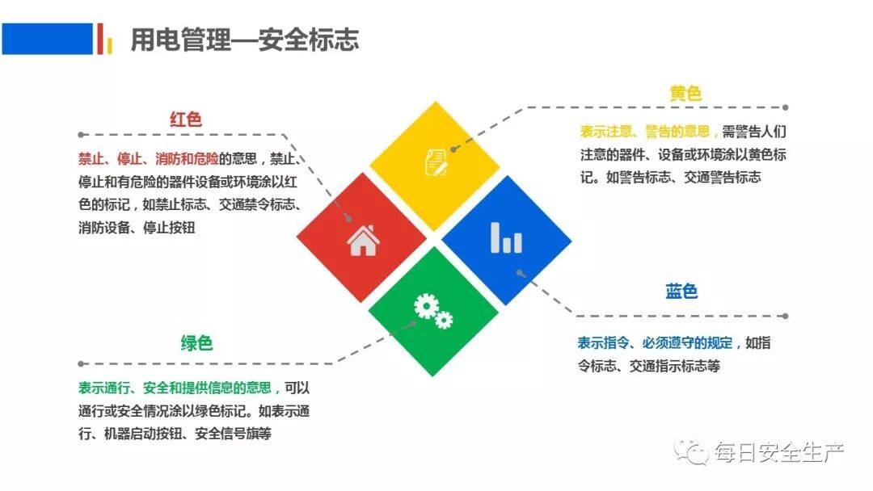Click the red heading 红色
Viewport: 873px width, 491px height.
(186, 120)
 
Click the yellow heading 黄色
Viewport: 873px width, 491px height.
(685, 94)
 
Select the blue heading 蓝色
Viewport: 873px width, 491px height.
(681, 292)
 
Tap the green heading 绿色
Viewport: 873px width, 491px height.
(196, 343)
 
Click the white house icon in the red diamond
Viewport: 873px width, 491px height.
(362, 240)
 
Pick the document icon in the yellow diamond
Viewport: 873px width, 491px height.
(436, 161)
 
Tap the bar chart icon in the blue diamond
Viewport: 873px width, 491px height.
(506, 237)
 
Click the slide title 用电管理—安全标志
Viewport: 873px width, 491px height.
(245, 40)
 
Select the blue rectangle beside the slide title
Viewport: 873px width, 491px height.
(47, 38)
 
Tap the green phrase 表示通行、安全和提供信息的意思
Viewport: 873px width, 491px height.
(178, 388)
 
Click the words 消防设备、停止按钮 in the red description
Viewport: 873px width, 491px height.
(137, 228)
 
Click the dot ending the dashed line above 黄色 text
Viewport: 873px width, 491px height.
(785, 107)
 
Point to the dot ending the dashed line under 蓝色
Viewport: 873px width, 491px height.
(785, 317)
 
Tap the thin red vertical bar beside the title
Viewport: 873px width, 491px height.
(99, 38)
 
